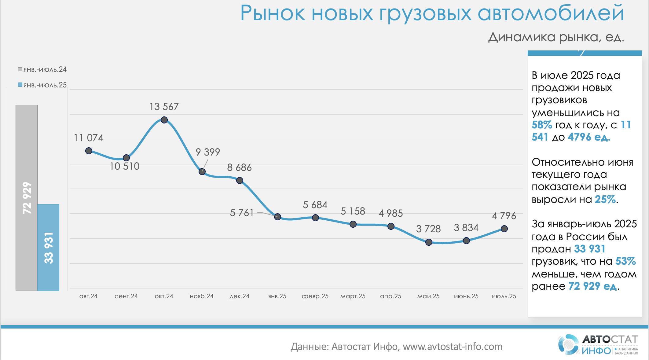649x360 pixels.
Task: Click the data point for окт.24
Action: pos(164,120)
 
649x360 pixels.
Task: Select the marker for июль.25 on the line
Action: pos(504,229)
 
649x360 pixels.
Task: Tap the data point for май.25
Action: pos(429,242)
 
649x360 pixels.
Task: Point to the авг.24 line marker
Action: pos(89,151)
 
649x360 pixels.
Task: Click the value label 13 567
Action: pos(164,107)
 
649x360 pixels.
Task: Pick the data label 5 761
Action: pos(242,213)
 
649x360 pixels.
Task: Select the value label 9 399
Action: pos(208,152)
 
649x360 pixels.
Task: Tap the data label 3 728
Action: pos(428,229)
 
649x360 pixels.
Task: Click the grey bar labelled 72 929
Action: pos(27,197)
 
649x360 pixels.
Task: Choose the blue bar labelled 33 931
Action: pos(48,247)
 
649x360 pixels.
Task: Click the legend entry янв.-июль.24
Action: pos(42,70)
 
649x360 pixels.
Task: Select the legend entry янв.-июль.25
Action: pos(42,85)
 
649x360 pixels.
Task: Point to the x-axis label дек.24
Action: pos(240,296)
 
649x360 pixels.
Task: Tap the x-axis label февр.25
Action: pos(315,296)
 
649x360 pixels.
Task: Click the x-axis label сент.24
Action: pos(126,296)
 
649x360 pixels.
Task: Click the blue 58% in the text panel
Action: pos(542,125)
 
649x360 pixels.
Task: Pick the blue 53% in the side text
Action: pos(625,261)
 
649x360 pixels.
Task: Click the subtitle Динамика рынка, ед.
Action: pos(556,37)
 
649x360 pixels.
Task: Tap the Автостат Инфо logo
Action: pos(598,345)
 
